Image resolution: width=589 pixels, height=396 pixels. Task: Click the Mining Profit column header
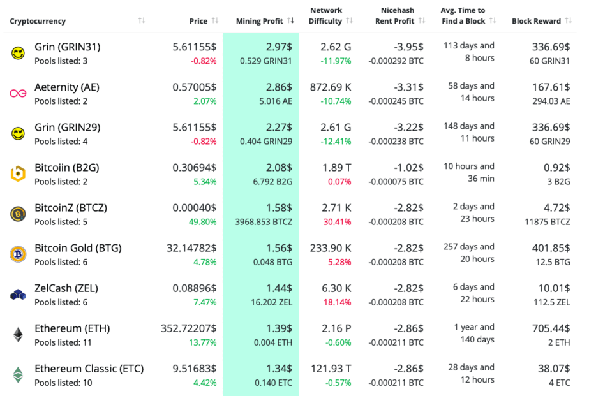coord(259,21)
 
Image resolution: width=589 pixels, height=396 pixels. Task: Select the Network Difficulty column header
coord(325,16)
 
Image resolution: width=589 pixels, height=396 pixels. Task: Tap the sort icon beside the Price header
coord(215,21)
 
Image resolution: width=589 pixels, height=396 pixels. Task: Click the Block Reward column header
coord(536,21)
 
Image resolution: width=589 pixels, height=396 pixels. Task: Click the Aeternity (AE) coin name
coord(67,87)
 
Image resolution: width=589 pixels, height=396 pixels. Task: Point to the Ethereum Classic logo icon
coord(18,374)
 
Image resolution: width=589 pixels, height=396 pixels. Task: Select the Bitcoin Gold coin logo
coord(18,254)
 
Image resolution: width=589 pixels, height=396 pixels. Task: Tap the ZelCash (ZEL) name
coord(66,288)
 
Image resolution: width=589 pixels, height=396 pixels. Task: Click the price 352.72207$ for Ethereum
coord(188,328)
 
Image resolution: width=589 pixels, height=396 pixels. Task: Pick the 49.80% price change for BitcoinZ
coord(202,222)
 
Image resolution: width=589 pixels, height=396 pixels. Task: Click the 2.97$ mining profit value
coord(279,47)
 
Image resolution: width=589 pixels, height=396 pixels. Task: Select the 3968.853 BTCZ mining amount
coord(264,222)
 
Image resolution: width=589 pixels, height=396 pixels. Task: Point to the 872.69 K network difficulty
coord(325,87)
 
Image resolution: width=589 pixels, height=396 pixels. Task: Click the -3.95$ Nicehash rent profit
coord(408,47)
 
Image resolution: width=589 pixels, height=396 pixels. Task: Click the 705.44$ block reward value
coord(551,328)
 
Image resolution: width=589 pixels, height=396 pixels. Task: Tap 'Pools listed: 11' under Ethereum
coord(63,342)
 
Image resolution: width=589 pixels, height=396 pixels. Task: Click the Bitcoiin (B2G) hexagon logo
coord(18,174)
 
